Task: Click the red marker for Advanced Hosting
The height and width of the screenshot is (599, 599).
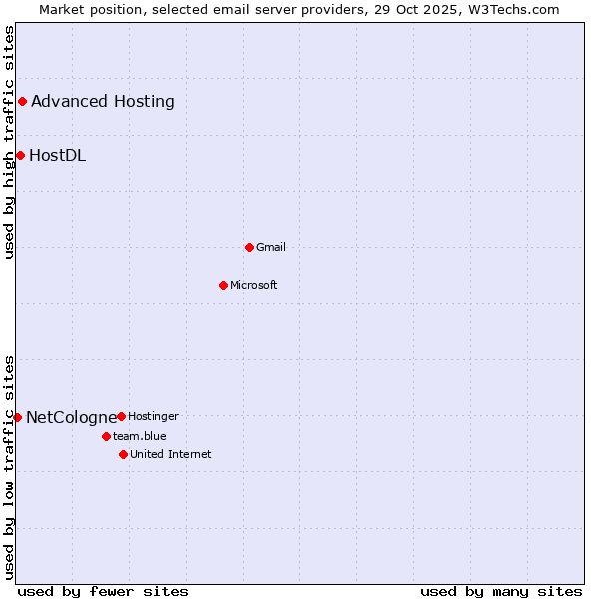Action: (x=22, y=101)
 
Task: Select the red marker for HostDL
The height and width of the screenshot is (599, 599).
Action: (x=20, y=155)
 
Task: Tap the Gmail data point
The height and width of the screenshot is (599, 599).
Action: (x=249, y=247)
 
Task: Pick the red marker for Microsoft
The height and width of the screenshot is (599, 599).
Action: (x=223, y=285)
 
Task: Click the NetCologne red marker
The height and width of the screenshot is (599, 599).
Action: (x=17, y=417)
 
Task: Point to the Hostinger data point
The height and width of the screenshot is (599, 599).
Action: (x=121, y=416)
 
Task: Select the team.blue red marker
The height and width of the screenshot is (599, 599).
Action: (x=106, y=436)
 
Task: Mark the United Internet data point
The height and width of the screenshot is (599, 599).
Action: (x=123, y=454)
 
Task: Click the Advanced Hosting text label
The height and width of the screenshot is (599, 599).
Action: (x=103, y=101)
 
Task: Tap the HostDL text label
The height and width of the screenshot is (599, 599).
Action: (x=57, y=155)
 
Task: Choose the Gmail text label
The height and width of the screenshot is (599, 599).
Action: (x=271, y=247)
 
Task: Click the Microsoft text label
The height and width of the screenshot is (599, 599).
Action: (x=254, y=285)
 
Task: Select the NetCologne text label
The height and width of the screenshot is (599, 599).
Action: (x=71, y=417)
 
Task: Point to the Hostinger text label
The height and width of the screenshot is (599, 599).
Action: (x=153, y=416)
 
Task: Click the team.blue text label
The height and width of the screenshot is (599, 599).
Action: (x=140, y=436)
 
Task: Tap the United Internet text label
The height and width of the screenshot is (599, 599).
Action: (x=171, y=454)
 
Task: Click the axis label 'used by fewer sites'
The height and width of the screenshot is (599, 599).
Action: (x=103, y=591)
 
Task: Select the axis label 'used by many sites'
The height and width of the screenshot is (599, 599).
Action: (x=501, y=591)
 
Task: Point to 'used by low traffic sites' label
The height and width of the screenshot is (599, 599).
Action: (x=9, y=467)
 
